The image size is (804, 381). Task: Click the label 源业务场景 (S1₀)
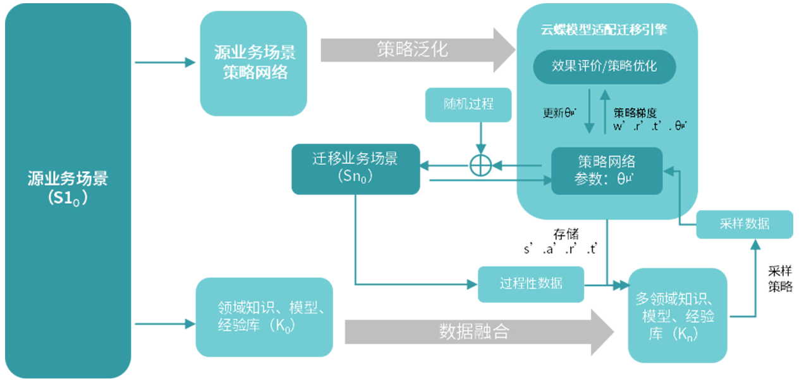tap(68, 187)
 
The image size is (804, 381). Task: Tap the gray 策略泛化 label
tap(413, 49)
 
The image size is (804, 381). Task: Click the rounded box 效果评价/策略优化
tap(604, 66)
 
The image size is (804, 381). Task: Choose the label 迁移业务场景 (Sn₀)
tap(355, 166)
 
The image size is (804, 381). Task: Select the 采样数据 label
tap(744, 223)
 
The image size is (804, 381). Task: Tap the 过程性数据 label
tap(531, 283)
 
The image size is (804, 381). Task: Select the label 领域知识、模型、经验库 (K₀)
tap(272, 316)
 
